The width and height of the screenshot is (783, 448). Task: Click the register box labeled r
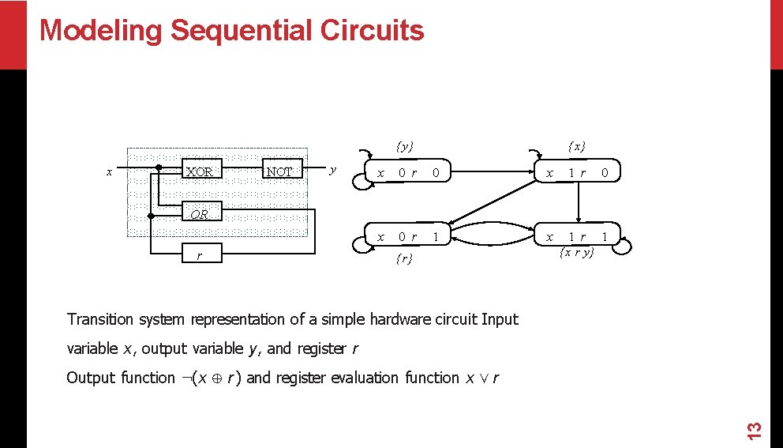coord(200,255)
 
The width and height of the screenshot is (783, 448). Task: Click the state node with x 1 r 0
coord(576,172)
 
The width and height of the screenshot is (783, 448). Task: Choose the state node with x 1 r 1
coord(576,236)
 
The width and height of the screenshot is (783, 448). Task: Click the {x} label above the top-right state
coord(577,146)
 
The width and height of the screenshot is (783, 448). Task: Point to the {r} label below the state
coord(404,258)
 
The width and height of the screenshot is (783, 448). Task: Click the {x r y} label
coord(576,253)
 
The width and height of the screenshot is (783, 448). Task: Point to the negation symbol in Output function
coord(184,378)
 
